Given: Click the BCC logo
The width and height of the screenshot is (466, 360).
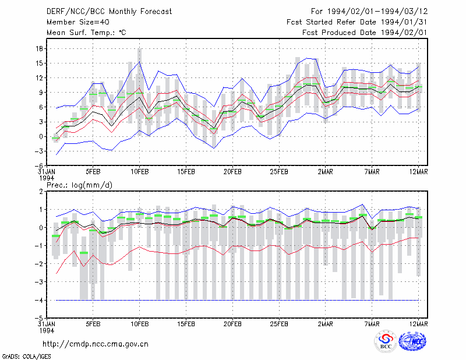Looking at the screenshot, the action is pyautogui.click(x=386, y=341).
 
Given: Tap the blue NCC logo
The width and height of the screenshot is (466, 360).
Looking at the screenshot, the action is pyautogui.click(x=412, y=341).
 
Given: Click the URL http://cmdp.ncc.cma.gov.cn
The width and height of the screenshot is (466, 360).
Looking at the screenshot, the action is pyautogui.click(x=96, y=344).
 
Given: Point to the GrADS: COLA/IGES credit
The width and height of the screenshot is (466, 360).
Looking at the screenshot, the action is pyautogui.click(x=26, y=357).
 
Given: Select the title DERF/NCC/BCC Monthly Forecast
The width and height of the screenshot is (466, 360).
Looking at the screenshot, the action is pyautogui.click(x=109, y=12).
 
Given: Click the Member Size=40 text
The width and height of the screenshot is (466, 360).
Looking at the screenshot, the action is pyautogui.click(x=78, y=22).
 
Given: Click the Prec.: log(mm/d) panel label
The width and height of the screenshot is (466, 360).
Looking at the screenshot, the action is pyautogui.click(x=79, y=185).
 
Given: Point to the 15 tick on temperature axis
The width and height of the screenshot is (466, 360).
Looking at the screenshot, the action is pyautogui.click(x=39, y=63).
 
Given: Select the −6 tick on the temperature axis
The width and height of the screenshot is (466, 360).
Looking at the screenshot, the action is pyautogui.click(x=38, y=166).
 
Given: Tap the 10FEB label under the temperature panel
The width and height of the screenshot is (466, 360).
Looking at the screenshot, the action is pyautogui.click(x=139, y=172).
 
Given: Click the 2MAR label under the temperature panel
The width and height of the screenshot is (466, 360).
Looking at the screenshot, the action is pyautogui.click(x=326, y=172).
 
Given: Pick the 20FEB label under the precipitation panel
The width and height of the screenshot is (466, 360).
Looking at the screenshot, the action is pyautogui.click(x=232, y=324).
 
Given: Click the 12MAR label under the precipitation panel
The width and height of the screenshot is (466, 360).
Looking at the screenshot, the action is pyautogui.click(x=418, y=324).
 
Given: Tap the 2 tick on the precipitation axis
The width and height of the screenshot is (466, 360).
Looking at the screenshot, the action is pyautogui.click(x=41, y=192).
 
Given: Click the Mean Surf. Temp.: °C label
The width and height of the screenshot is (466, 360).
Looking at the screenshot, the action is pyautogui.click(x=86, y=33).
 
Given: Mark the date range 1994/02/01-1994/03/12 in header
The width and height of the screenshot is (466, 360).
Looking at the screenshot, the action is pyautogui.click(x=377, y=12).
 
